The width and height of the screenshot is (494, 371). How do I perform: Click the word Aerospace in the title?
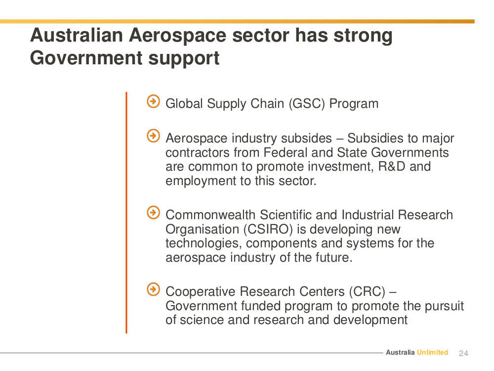177,35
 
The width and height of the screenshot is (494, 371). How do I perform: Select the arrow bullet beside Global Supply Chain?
154,101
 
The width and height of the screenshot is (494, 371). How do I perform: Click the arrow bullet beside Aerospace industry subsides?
154,136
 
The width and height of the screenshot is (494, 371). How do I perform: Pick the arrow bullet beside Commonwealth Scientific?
154,213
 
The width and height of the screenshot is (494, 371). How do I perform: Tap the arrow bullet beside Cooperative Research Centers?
154,289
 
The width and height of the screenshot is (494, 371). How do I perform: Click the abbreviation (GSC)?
307,104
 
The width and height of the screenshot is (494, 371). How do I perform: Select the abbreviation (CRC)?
367,291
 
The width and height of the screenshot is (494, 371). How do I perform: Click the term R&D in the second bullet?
392,166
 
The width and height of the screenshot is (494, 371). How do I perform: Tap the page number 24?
463,353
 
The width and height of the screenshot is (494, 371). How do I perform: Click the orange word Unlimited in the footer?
433,352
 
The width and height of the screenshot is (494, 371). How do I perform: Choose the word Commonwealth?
210,215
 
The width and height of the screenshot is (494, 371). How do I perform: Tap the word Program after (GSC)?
354,104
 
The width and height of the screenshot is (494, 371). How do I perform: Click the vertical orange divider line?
126,213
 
